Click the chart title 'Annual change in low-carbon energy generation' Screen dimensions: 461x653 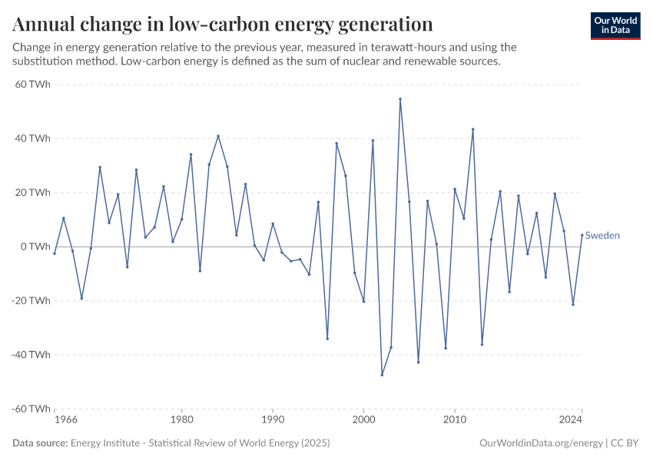coord(223,24)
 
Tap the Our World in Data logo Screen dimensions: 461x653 coord(615,25)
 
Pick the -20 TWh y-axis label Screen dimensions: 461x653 coord(31,300)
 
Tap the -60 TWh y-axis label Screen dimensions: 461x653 coord(31,409)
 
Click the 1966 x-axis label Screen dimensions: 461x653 coord(65,420)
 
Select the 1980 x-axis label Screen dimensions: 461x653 coord(182,420)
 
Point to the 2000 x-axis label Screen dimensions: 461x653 coord(363,420)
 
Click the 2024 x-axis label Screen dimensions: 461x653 coord(571,420)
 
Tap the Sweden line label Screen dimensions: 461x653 coord(602,236)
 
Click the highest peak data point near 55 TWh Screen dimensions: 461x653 coord(400,99)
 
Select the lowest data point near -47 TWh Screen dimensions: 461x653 coord(382,374)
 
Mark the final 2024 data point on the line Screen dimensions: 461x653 coord(582,235)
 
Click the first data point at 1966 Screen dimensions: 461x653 coord(55,253)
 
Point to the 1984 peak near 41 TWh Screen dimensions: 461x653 coord(218,136)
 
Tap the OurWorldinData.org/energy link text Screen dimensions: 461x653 coord(540,443)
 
